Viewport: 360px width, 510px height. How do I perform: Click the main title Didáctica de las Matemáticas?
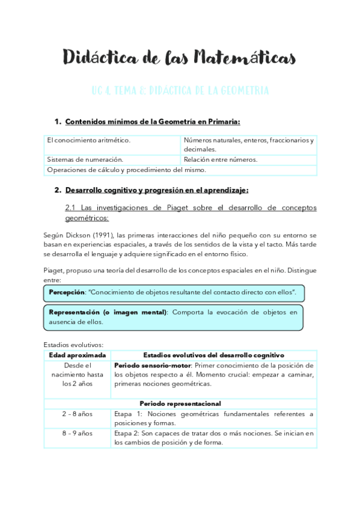[180, 58]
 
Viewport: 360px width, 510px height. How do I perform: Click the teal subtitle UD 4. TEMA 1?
[180, 91]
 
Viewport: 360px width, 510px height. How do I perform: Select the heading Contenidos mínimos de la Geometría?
[152, 122]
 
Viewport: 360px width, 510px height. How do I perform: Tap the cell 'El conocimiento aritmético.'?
[89, 140]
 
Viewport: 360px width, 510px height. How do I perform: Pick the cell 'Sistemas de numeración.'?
[85, 159]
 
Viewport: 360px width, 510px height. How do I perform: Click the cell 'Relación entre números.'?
[221, 159]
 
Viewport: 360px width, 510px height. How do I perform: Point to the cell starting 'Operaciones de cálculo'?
[126, 170]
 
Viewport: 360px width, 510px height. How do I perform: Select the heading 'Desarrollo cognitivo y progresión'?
[157, 190]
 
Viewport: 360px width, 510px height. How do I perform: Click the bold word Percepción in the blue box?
[67, 291]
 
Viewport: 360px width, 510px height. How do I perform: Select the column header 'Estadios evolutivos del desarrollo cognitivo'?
[213, 355]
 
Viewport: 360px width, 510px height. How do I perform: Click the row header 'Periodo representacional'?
[180, 403]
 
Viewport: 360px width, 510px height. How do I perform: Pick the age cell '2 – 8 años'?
[77, 414]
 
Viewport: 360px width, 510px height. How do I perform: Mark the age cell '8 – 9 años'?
[77, 432]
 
